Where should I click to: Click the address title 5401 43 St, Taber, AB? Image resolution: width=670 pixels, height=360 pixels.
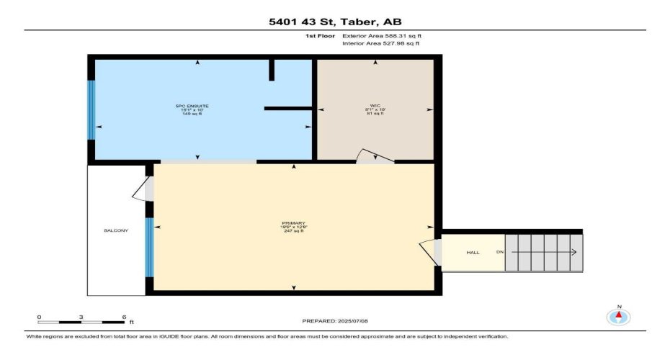335,21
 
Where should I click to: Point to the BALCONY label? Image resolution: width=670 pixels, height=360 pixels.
115,230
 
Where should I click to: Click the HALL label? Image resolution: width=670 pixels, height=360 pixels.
473,253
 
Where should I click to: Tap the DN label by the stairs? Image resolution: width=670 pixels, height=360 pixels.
499,253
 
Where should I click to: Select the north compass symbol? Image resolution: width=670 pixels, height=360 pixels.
618,316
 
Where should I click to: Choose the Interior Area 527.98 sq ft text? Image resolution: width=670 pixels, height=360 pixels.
380,44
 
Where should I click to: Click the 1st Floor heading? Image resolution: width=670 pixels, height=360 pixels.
320,35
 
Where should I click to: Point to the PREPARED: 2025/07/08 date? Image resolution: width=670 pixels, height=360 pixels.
335,320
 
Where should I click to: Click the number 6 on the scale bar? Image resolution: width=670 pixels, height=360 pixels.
124,317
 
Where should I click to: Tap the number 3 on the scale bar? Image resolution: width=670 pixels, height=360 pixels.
81,317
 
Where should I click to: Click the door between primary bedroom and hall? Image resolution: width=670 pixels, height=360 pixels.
432,251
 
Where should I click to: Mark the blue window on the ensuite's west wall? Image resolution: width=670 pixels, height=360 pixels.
91,109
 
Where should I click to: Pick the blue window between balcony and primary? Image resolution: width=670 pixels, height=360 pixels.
149,247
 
